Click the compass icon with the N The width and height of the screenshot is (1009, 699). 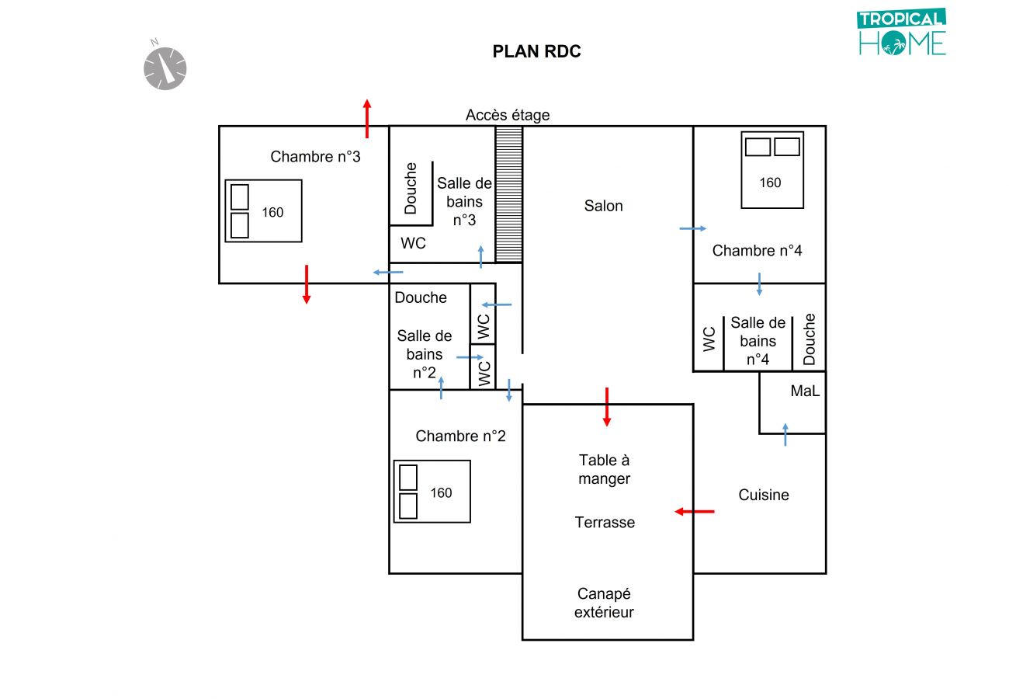165,68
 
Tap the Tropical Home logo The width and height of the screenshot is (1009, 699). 902,33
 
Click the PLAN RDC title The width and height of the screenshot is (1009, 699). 536,52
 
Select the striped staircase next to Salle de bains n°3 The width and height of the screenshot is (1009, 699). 509,194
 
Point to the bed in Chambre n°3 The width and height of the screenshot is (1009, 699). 263,211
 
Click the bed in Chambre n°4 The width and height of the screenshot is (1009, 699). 771,170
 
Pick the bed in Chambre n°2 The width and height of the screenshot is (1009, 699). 432,492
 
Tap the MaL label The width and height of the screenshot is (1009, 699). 805,391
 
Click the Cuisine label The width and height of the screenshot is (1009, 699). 764,495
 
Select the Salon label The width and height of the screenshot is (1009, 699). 604,206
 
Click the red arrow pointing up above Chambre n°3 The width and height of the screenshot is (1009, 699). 367,118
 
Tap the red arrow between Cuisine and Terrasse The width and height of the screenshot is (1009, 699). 694,512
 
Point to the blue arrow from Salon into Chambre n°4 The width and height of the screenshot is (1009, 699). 692,228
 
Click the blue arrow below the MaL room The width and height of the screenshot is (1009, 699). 785,434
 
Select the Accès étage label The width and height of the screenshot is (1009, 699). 508,115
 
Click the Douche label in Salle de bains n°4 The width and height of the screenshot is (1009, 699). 810,339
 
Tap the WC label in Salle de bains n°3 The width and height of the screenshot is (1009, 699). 413,243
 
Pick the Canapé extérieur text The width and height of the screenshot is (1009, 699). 604,603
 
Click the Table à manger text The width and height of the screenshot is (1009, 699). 604,470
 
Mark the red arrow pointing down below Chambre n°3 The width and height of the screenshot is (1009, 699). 307,284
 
